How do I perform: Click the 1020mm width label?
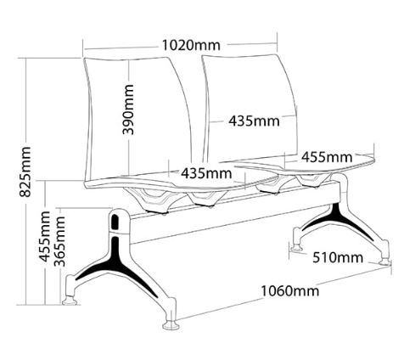[191, 45]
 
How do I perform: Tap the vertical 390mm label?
[127, 110]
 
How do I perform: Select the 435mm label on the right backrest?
[254, 121]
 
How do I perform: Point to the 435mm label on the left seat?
[206, 173]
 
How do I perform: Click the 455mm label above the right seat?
[327, 157]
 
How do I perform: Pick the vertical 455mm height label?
[44, 236]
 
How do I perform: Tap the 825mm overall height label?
[25, 172]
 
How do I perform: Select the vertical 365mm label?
[59, 241]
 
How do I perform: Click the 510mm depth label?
[338, 257]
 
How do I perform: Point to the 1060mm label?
[289, 290]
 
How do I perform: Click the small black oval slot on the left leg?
[115, 222]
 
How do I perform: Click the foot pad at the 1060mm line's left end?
[171, 325]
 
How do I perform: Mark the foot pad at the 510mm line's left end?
[296, 248]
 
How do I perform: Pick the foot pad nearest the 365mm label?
[70, 301]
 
